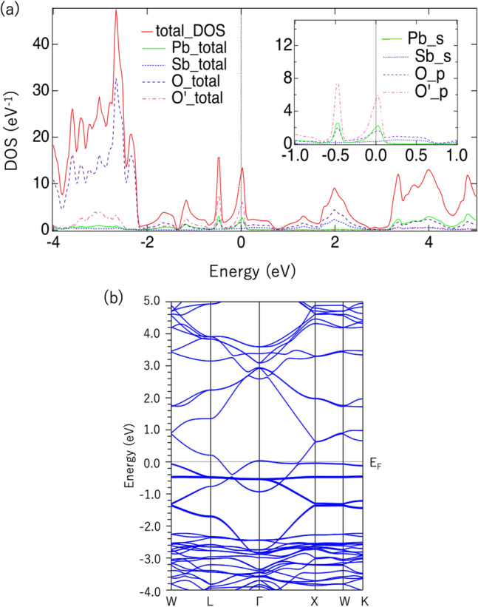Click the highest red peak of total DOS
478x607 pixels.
click(x=116, y=12)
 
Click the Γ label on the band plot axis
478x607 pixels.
click(x=259, y=599)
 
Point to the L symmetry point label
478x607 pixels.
click(x=211, y=599)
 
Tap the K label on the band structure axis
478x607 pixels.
click(x=363, y=599)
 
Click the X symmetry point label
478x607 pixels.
click(x=315, y=599)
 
